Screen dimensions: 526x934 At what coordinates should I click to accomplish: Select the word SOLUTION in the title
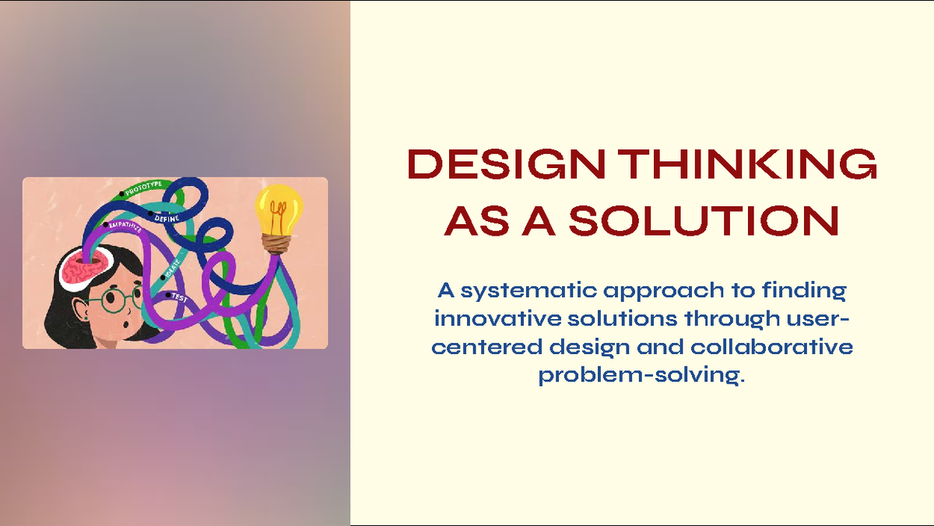(704, 221)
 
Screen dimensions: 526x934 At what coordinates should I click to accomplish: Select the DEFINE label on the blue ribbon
(167, 217)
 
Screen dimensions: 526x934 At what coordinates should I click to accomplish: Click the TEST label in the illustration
(179, 298)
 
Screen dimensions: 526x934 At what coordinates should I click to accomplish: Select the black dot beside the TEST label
(167, 294)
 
